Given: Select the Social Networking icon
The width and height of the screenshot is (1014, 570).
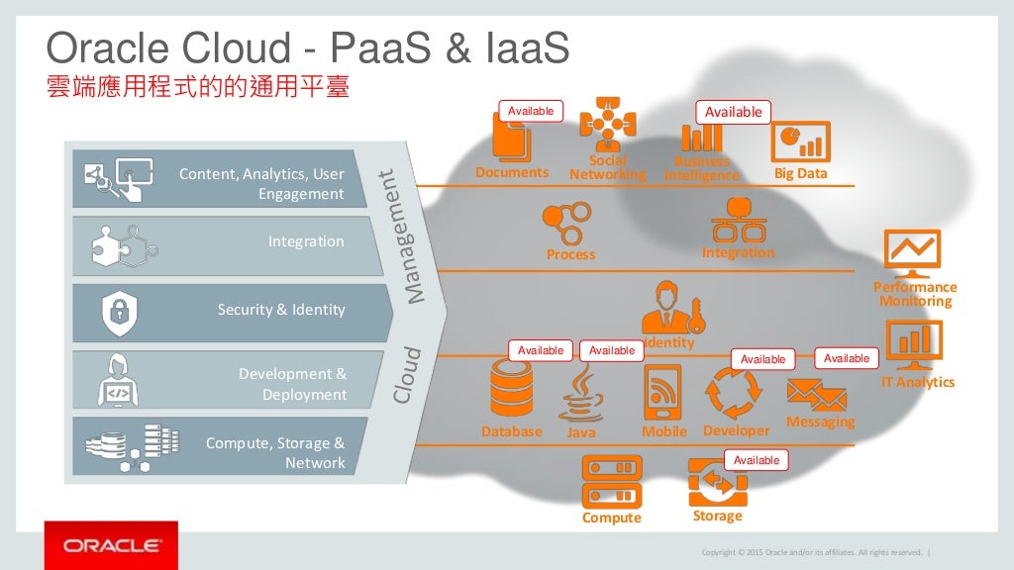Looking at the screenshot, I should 607,125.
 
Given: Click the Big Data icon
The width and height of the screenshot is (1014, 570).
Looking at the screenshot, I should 800,142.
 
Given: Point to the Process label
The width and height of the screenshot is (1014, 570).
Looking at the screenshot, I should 571,254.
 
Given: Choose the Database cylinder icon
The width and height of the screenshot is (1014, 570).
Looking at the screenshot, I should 511,389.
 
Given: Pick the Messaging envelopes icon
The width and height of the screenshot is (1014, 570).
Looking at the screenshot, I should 816,395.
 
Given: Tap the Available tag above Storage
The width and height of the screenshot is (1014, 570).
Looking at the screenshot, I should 757,460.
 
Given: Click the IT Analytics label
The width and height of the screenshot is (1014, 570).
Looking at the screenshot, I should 918,382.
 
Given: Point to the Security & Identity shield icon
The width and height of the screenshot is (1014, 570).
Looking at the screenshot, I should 120,312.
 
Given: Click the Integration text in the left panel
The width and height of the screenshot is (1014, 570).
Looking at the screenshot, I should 306,241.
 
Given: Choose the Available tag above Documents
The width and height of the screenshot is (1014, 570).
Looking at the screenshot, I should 531,111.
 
